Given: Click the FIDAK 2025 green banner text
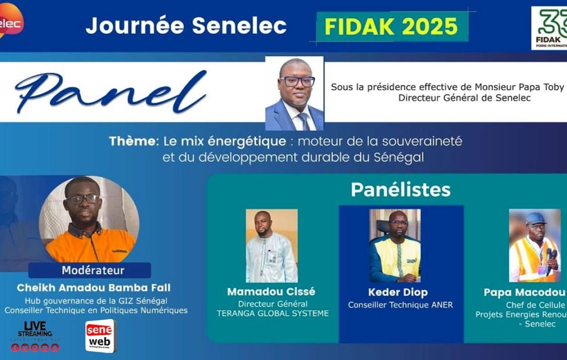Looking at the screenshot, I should coord(391,27).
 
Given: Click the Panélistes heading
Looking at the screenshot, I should coord(400,190).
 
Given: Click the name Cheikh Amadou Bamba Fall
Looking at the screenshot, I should coord(94,288).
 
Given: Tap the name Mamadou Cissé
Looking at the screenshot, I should coord(271,292).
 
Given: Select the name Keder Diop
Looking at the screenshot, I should coord(398,292).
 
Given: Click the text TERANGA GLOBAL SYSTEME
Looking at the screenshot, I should coord(273,313).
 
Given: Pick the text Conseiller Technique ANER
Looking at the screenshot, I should coord(400,305).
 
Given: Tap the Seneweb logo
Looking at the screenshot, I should coord(100,336).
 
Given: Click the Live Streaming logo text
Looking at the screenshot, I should coord(35,330).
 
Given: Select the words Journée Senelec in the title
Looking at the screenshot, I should coord(186,26).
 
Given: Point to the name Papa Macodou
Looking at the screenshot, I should coord(524,292).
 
